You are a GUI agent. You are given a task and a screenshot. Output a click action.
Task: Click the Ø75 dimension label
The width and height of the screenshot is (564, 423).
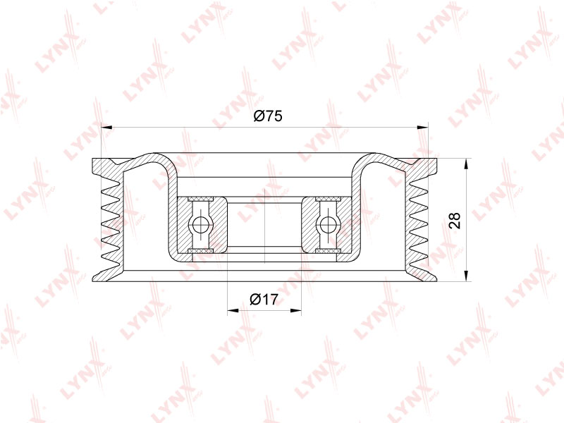[268, 116]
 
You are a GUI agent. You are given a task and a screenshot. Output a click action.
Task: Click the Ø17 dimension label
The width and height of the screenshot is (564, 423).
[264, 299]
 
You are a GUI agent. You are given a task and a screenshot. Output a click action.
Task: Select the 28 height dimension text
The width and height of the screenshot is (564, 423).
[455, 221]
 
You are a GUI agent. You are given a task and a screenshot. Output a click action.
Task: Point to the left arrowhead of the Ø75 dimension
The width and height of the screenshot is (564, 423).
[107, 127]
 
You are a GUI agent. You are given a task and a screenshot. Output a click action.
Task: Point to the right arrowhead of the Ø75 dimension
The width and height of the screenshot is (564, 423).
[422, 127]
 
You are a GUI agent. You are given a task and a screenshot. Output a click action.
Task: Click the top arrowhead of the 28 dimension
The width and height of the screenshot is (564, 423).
[466, 164]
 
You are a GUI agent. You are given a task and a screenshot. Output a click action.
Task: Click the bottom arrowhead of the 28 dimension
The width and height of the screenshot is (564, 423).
[466, 276]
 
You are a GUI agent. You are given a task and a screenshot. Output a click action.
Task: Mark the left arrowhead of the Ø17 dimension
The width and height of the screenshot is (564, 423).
[233, 310]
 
